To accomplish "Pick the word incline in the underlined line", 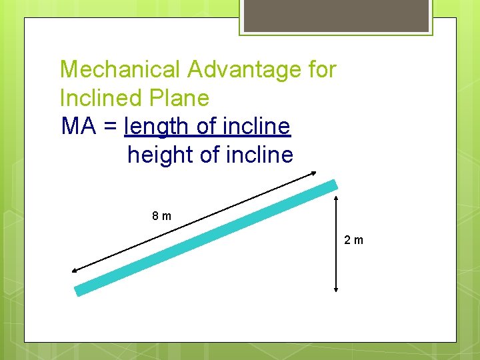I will (x=257, y=127).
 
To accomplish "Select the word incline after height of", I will (x=259, y=155).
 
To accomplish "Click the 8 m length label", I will (x=161, y=216).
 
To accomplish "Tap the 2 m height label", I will (x=354, y=240).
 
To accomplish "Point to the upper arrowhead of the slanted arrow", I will (x=314, y=174).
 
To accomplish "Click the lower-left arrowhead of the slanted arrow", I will (x=73, y=270).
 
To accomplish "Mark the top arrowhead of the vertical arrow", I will (x=335, y=198).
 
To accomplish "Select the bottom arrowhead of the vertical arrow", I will (x=335, y=289).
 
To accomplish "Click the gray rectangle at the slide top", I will (x=336, y=15).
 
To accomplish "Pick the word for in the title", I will (x=322, y=69).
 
